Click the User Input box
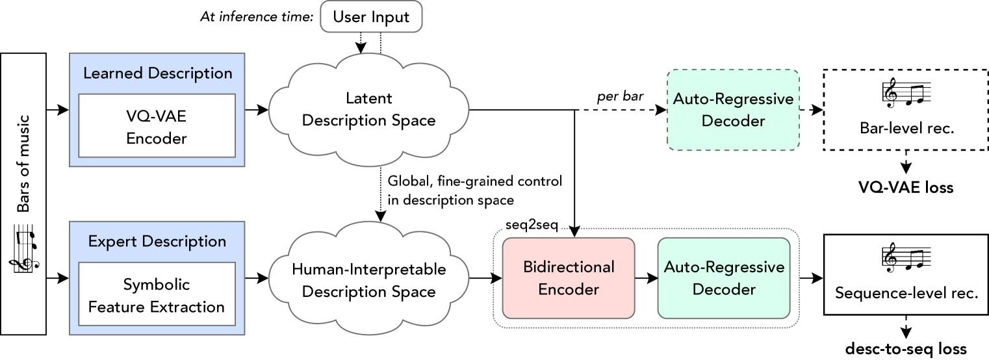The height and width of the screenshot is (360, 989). point(371,17)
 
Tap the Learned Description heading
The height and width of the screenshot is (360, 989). point(157,73)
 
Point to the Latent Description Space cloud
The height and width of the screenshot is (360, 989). point(368,109)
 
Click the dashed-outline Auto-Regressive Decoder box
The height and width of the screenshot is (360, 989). point(733,110)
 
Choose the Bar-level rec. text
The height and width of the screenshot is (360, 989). point(906,129)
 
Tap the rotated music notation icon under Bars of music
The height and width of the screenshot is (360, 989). point(23,251)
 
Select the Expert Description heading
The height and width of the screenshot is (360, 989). point(157,242)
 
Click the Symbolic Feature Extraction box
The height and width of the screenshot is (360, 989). point(157,296)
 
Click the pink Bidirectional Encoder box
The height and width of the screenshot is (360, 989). point(569,278)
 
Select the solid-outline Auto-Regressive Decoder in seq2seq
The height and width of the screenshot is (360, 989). point(724,278)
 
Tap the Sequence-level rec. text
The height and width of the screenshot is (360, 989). point(906,294)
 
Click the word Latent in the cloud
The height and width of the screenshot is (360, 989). point(368,99)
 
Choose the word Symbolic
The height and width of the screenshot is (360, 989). point(157,285)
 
